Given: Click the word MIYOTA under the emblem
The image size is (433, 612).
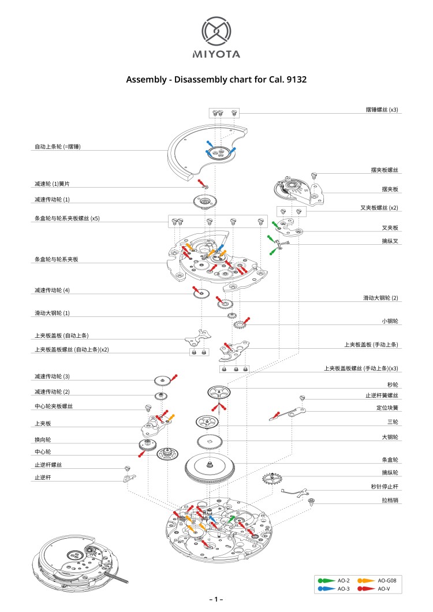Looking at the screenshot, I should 216,55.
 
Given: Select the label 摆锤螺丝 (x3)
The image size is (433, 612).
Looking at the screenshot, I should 382,109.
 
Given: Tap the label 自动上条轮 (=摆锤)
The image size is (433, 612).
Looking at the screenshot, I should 57,147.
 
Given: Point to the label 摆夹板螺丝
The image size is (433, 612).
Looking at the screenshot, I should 385,170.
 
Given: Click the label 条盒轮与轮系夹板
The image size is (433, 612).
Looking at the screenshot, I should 56,259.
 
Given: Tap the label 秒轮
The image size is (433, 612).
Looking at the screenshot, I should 393,384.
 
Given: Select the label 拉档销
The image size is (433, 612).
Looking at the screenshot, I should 390,499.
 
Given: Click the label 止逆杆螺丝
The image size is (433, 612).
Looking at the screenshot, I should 50,465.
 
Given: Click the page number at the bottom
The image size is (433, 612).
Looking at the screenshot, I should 216,600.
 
